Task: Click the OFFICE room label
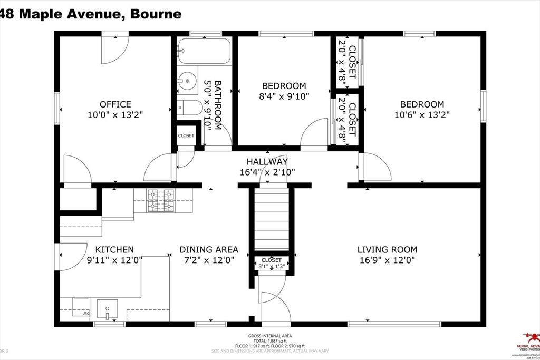click(115, 104)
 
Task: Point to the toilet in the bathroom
click(189, 109)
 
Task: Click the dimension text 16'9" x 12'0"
click(387, 260)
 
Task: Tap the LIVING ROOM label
click(387, 249)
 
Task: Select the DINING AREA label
click(209, 249)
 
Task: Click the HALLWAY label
click(267, 161)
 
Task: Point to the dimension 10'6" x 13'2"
click(421, 114)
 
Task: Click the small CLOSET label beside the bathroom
click(186, 135)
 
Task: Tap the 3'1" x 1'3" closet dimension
click(271, 267)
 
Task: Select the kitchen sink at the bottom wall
click(108, 308)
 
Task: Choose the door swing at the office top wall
click(114, 47)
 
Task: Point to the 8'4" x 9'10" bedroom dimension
click(284, 96)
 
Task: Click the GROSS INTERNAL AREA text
click(269, 336)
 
